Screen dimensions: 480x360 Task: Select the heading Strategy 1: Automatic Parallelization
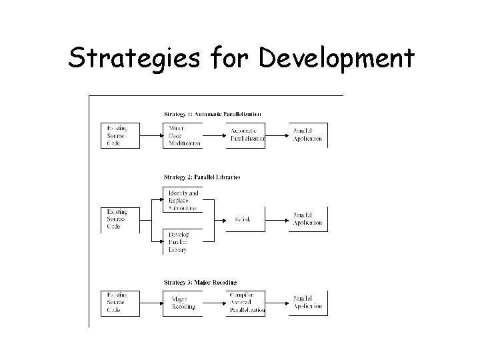pos(212,114)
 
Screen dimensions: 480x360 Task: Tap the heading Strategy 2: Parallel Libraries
pos(201,177)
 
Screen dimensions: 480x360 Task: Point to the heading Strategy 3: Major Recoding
pos(200,282)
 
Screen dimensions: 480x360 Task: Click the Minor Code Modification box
pos(182,135)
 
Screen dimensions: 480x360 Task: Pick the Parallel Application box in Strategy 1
pos(307,135)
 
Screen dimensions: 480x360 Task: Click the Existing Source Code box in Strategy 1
pos(121,135)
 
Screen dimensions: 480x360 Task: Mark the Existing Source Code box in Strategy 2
pos(121,219)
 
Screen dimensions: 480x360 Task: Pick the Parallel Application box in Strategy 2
pos(307,219)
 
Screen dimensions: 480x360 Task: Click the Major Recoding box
pos(182,303)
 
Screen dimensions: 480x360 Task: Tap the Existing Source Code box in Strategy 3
pos(121,303)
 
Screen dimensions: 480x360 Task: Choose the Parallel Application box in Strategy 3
pos(307,303)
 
